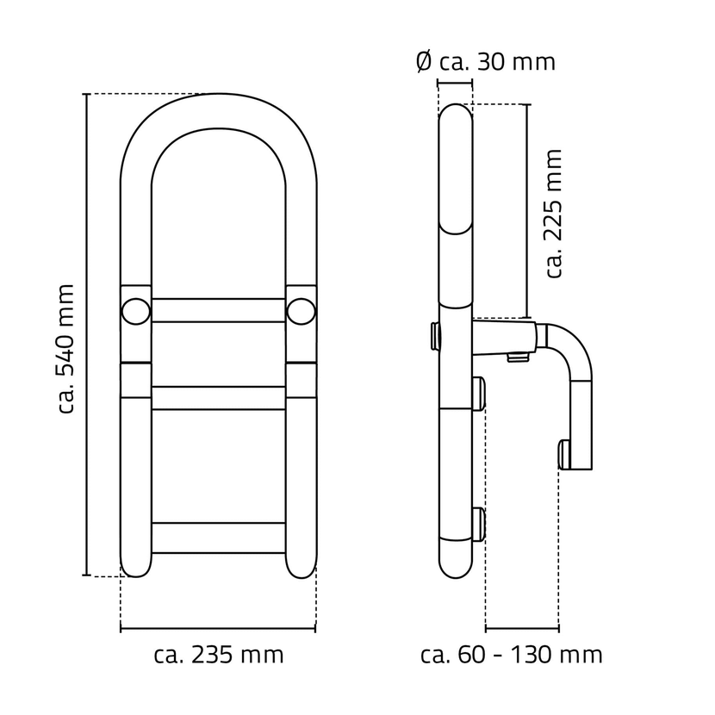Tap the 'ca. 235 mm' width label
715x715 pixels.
coord(219,655)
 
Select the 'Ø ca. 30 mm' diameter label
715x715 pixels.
coord(485,62)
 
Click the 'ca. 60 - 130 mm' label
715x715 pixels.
coord(512,655)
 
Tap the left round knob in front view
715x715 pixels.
coord(135,310)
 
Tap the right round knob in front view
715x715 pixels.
coord(301,310)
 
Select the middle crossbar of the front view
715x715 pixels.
coord(219,398)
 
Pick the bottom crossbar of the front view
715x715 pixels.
coord(219,538)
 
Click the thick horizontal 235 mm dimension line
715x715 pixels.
coord(219,628)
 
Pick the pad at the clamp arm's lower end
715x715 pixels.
coord(565,454)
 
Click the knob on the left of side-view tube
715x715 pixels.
coord(435,335)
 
